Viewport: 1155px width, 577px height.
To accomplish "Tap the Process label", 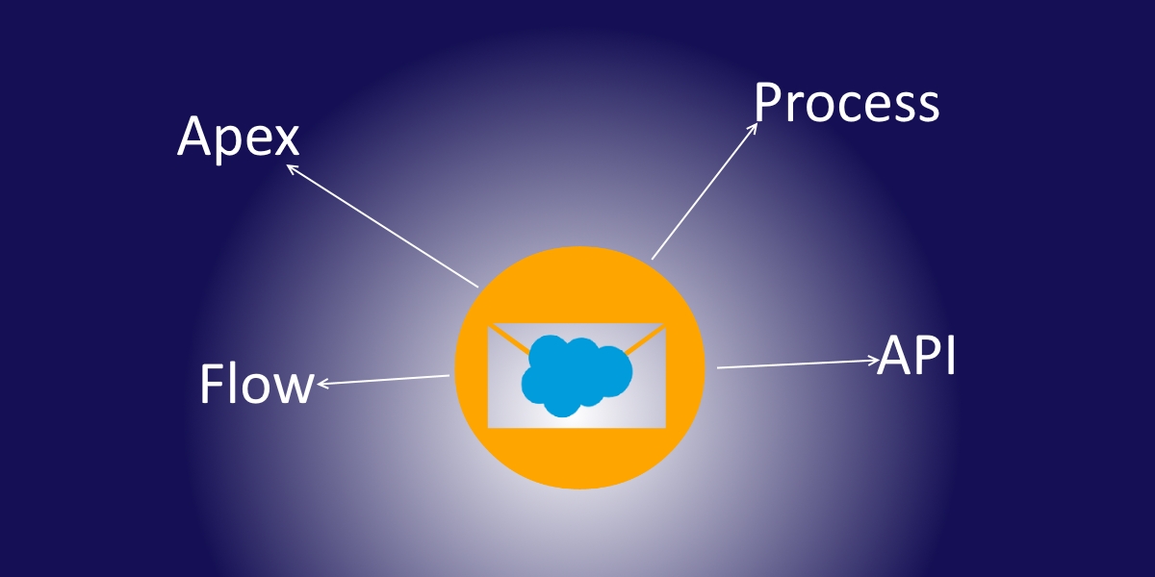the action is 847,103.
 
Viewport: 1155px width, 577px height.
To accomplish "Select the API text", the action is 916,356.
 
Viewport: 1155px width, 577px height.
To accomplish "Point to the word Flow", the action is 257,384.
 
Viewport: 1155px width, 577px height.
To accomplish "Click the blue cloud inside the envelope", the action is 577,375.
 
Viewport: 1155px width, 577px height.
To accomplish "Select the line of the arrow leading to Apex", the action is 382,226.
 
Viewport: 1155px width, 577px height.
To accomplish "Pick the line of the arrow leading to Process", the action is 705,190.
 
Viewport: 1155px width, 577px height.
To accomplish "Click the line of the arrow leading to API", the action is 798,364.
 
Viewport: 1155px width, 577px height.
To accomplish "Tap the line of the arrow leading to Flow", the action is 383,381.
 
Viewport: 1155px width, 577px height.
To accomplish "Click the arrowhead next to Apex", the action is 292,168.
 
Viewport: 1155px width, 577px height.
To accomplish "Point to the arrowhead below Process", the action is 753,128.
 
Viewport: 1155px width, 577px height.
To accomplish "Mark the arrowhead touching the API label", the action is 874,360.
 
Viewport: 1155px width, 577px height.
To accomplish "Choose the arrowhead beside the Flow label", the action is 322,384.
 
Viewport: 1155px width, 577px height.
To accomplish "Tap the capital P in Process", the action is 767,103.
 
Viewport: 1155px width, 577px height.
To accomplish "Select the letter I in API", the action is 952,356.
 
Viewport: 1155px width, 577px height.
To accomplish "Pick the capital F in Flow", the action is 211,384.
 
